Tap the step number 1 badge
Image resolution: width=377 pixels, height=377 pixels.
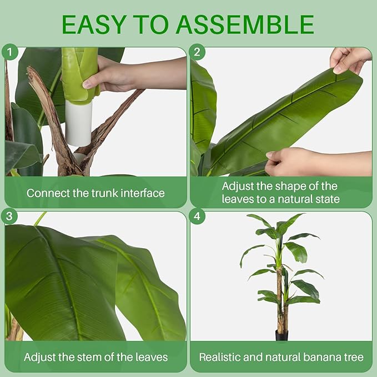pyautogui.click(x=9, y=53)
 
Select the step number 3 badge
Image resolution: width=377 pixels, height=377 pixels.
pyautogui.click(x=9, y=217)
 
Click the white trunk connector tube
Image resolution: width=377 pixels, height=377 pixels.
pyautogui.click(x=79, y=123)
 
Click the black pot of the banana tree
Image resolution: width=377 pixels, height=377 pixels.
pyautogui.click(x=282, y=335)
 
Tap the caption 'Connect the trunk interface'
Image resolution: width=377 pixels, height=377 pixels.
pyautogui.click(x=95, y=193)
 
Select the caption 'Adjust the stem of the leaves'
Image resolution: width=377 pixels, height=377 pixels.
pyautogui.click(x=95, y=357)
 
